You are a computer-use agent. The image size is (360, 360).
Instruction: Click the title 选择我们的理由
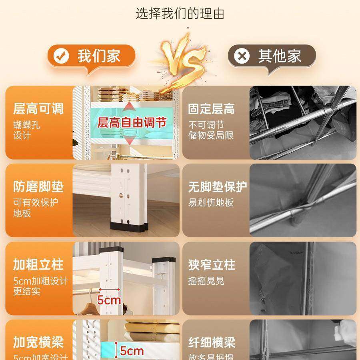[x=180, y=14]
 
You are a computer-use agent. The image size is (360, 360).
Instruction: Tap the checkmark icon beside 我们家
[x=62, y=56]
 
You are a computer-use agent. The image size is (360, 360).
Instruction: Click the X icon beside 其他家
[x=242, y=56]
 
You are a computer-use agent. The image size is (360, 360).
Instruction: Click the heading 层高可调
[x=38, y=108]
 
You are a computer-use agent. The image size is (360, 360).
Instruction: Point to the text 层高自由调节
[x=132, y=122]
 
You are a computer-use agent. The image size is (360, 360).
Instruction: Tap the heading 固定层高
[x=212, y=109]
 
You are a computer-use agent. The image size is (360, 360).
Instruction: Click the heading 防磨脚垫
[x=38, y=186]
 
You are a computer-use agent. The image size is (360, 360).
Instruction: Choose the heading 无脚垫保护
[x=218, y=187]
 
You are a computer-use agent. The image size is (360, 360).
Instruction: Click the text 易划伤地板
[x=211, y=202]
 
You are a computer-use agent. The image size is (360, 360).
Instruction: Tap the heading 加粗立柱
[x=38, y=264]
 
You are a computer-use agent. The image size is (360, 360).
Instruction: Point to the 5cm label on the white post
[x=109, y=299]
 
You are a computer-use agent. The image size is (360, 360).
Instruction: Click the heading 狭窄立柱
[x=212, y=264]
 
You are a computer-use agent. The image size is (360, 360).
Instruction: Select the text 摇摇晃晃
[x=206, y=280]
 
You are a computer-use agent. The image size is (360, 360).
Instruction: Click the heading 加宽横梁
[x=38, y=342]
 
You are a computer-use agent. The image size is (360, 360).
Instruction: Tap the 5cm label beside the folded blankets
[x=132, y=351]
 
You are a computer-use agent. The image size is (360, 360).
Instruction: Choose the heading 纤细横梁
[x=212, y=342]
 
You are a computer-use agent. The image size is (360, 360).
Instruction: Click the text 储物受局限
[x=211, y=135]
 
